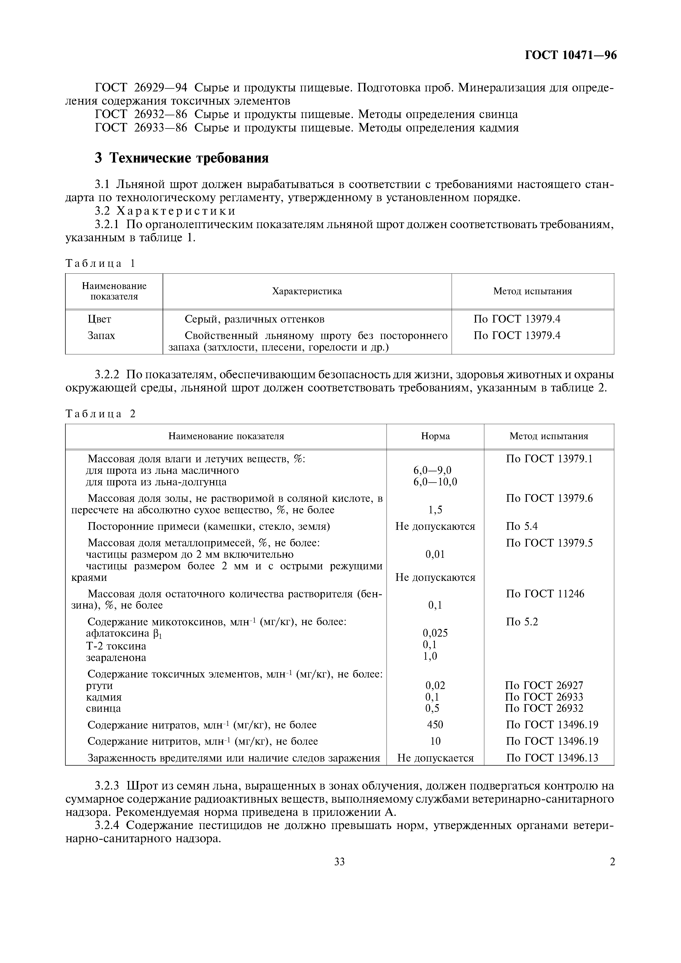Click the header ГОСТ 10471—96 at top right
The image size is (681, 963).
571,55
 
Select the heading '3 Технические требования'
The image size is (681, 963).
181,158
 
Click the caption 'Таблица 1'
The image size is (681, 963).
101,264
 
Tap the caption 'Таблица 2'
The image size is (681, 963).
101,414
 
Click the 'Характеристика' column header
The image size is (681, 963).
307,291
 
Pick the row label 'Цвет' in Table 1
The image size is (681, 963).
99,319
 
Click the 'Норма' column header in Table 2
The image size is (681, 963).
435,436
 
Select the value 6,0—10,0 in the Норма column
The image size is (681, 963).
435,482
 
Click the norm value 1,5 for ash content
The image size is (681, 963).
435,510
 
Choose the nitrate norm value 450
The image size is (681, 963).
435,725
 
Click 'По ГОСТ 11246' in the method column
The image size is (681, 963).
545,594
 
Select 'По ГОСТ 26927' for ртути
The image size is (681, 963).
544,685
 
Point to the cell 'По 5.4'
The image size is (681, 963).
522,526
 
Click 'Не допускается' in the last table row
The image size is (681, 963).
435,758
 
